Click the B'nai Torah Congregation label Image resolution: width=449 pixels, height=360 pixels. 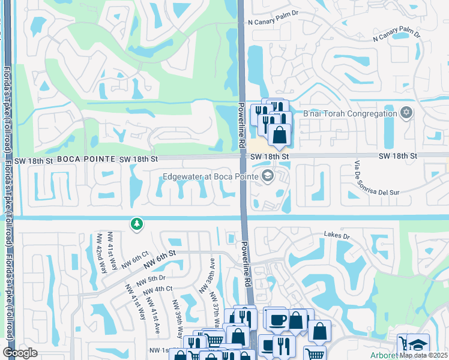(350, 113)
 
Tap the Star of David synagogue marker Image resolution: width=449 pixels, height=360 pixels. (406, 113)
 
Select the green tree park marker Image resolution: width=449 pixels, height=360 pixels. (137, 224)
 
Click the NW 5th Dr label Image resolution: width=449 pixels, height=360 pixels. (150, 279)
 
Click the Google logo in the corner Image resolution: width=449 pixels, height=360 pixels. (20, 353)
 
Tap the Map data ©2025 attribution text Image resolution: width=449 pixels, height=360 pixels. (424, 355)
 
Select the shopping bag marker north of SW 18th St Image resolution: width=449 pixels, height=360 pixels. (279, 135)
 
